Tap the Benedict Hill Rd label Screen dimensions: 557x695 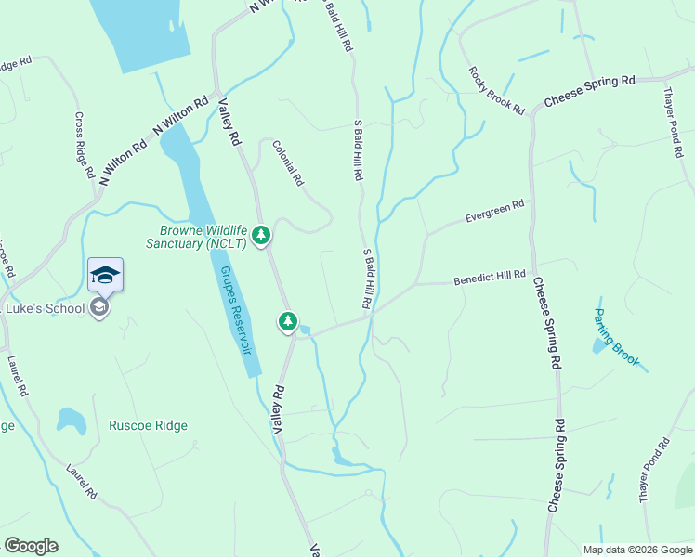click(x=490, y=278)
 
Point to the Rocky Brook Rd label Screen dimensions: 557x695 click(x=496, y=90)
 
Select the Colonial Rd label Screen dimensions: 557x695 click(x=288, y=162)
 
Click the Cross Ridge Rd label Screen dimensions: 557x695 click(x=84, y=146)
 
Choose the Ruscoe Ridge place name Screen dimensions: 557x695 click(x=148, y=426)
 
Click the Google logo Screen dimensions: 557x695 click(x=31, y=546)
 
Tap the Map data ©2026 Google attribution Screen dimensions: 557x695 click(x=636, y=550)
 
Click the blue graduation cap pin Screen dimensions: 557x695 click(x=105, y=275)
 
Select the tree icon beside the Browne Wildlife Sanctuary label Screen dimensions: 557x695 click(x=262, y=235)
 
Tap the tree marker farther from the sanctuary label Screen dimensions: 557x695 click(x=288, y=322)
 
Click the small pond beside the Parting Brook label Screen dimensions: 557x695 click(x=597, y=346)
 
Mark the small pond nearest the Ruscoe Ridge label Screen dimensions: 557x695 click(x=72, y=420)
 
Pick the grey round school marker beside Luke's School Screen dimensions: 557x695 click(x=100, y=308)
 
